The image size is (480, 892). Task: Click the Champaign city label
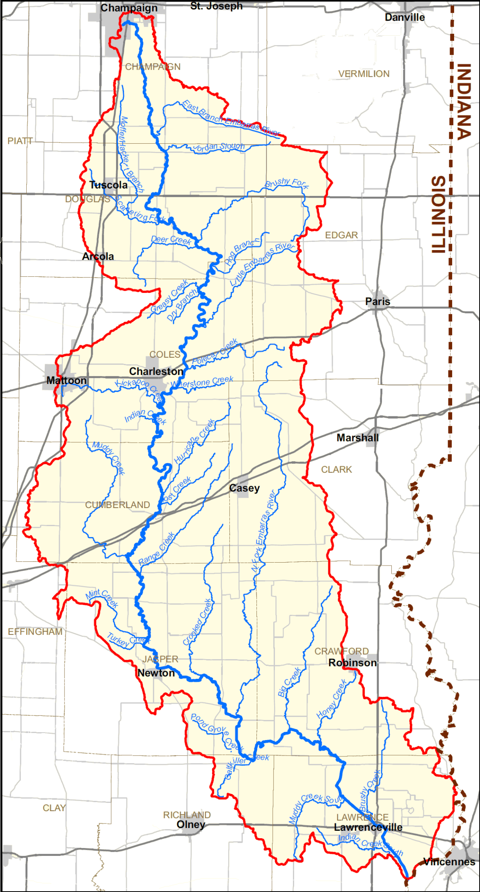[x=129, y=8]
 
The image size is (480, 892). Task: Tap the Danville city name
[x=405, y=17]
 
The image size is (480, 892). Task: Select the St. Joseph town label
[x=216, y=6]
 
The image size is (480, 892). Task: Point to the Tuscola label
[x=108, y=185]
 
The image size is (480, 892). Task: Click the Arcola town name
[x=98, y=256]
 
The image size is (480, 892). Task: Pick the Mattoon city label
[x=66, y=380]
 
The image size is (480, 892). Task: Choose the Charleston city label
[x=156, y=371]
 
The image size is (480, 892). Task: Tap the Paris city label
[x=377, y=301]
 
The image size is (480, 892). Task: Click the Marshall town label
[x=358, y=438]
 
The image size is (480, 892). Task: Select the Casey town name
[x=245, y=488]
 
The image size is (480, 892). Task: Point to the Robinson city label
[x=352, y=663]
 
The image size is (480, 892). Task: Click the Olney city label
[x=191, y=824]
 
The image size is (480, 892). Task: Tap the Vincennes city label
[x=449, y=862]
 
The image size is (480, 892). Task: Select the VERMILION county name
[x=364, y=74]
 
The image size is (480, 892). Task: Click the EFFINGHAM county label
[x=35, y=632]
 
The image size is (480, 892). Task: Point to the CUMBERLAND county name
[x=117, y=505]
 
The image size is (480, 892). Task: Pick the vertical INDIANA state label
[x=464, y=102]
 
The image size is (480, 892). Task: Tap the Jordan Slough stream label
[x=219, y=147]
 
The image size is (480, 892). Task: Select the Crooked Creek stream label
[x=197, y=622]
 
